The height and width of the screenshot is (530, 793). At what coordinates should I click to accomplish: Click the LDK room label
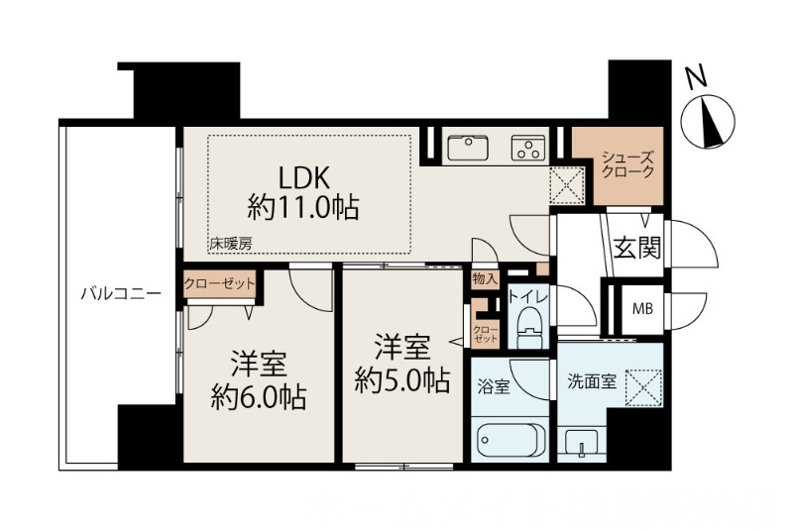point(302,177)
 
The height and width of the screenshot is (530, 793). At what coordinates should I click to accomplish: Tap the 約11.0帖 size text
point(302,208)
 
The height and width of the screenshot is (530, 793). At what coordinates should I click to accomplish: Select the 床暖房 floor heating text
point(228,243)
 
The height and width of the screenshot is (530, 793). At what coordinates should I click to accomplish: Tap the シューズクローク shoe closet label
point(628,163)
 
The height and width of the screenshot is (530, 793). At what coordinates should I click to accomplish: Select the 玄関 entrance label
point(635,247)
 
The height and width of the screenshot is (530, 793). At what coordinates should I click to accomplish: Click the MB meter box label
point(642,307)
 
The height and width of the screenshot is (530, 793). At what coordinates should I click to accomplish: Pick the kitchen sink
point(467,149)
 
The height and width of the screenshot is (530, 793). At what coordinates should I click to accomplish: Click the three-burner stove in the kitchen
point(527,150)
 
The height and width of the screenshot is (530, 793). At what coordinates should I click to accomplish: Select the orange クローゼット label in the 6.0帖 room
point(219,284)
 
